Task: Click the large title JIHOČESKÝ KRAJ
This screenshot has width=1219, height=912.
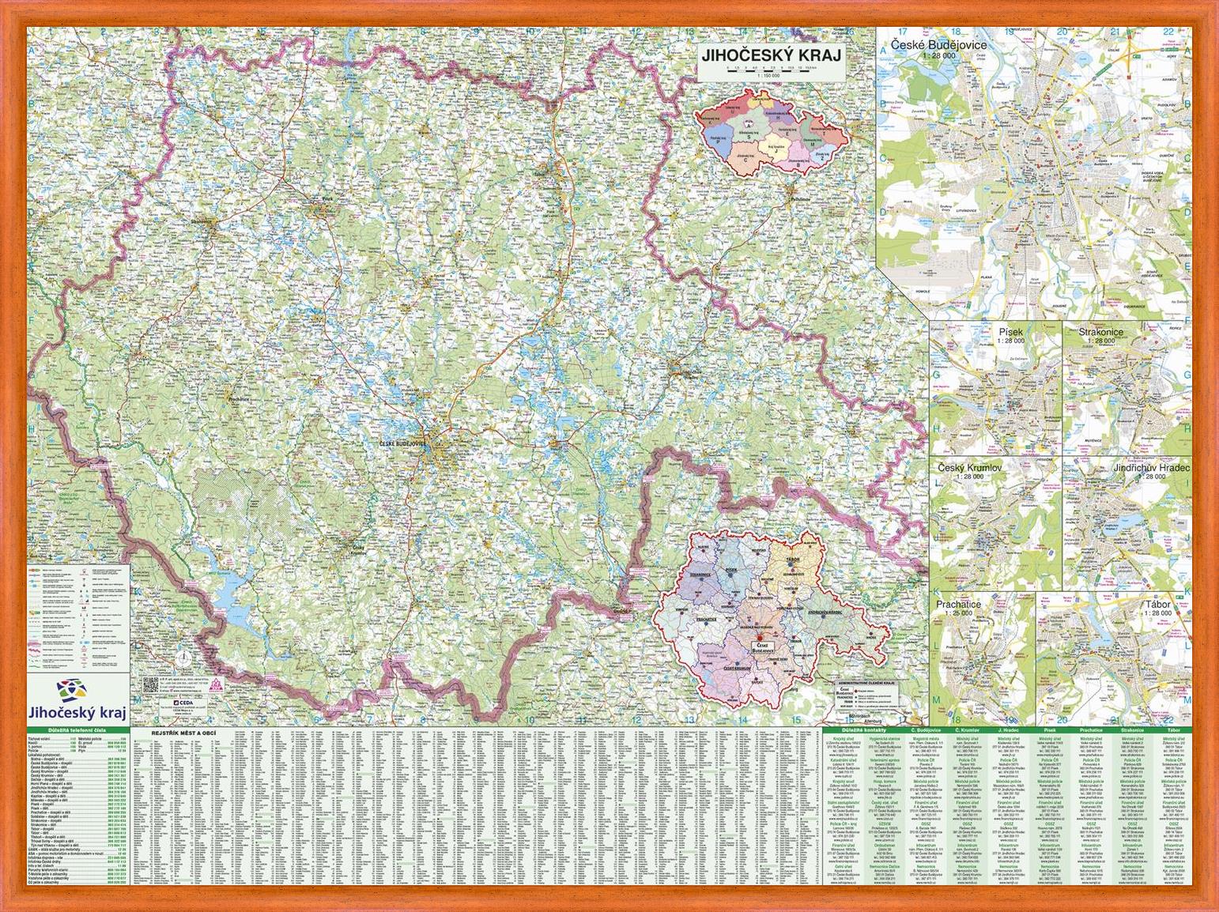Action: (772, 56)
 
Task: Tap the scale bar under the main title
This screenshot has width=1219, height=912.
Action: (772, 71)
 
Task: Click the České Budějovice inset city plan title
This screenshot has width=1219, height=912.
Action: (938, 45)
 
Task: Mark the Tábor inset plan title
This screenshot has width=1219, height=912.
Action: (1156, 604)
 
